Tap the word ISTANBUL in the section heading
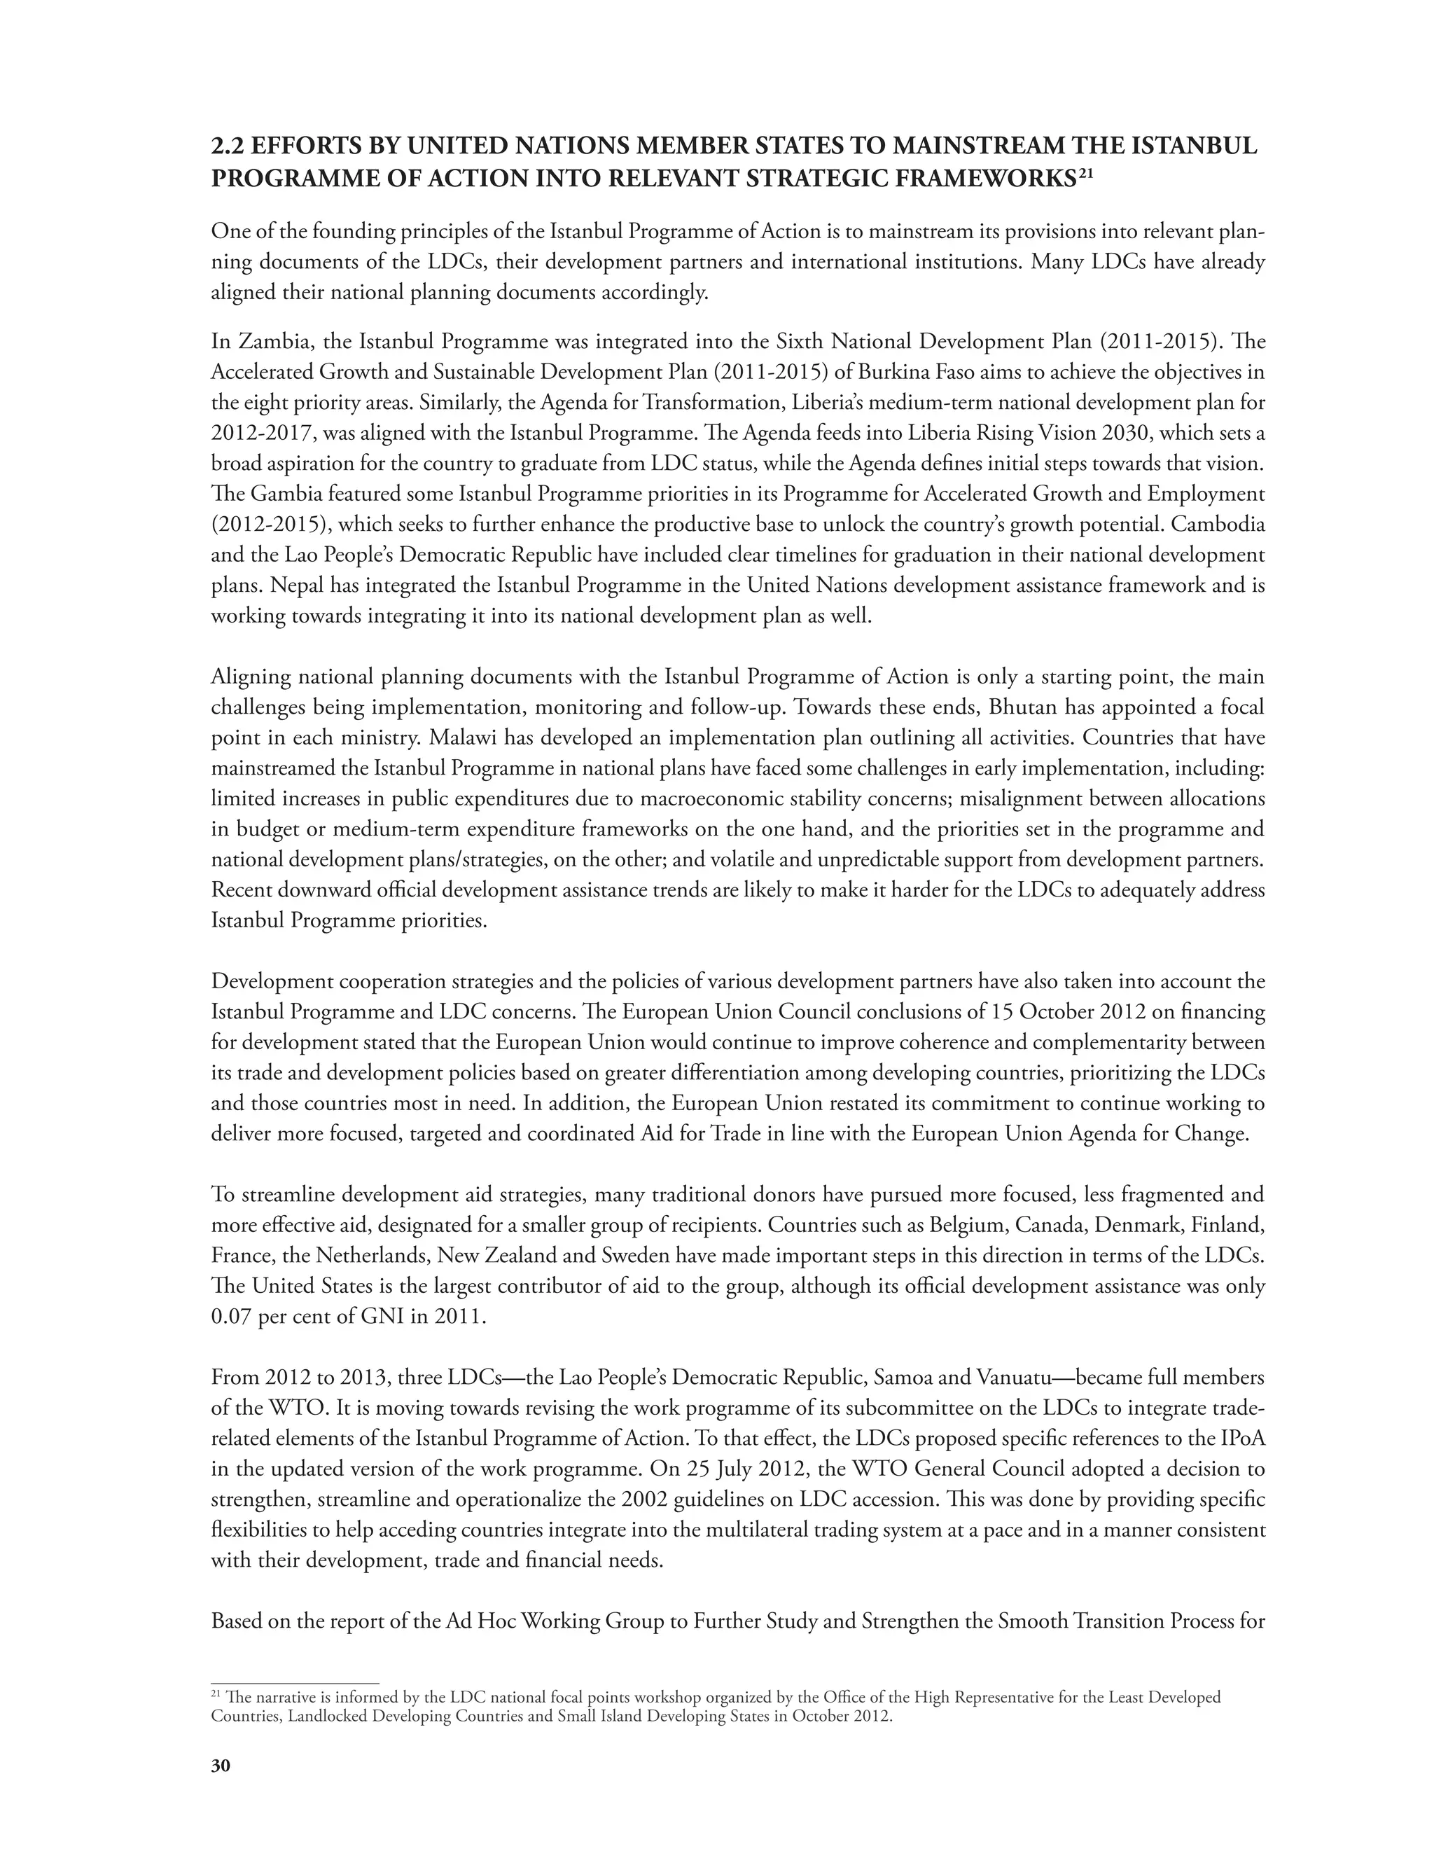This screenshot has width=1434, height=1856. tap(1196, 147)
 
